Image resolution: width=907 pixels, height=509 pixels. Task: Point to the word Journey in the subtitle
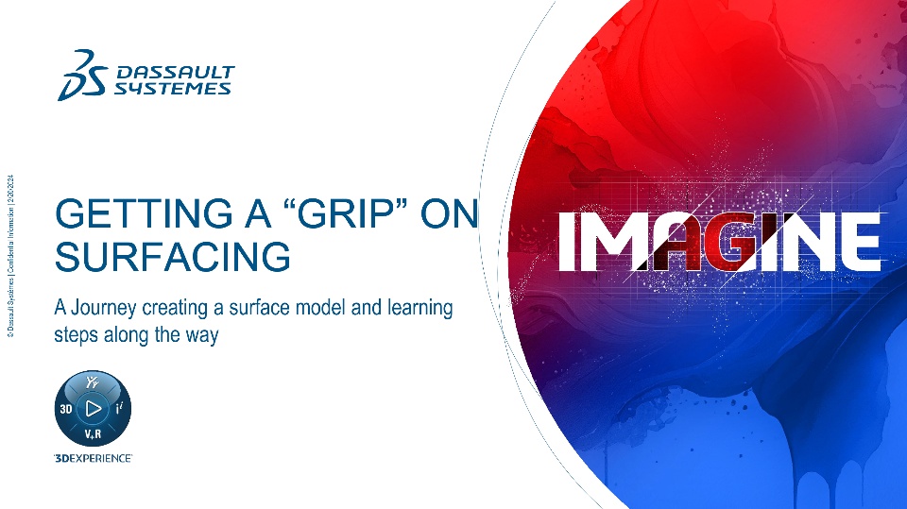tap(104, 308)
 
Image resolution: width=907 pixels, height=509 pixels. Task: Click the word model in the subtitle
tap(320, 307)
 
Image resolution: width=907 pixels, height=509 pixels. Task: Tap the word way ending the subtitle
tap(202, 336)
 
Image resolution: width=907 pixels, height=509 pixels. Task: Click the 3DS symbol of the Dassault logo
tap(82, 76)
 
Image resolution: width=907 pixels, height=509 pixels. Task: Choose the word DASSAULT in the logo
tap(176, 73)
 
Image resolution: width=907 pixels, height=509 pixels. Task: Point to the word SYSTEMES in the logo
tap(172, 89)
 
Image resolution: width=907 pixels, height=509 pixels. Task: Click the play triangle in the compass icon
tap(94, 408)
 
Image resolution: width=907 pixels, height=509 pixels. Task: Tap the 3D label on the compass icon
tap(66, 409)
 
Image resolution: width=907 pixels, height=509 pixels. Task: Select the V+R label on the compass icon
tap(93, 433)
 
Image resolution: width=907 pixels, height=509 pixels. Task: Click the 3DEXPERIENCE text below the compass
tap(94, 458)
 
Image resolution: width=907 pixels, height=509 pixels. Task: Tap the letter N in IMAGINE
tap(802, 241)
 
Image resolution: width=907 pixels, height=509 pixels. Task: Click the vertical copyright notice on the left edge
tap(11, 256)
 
